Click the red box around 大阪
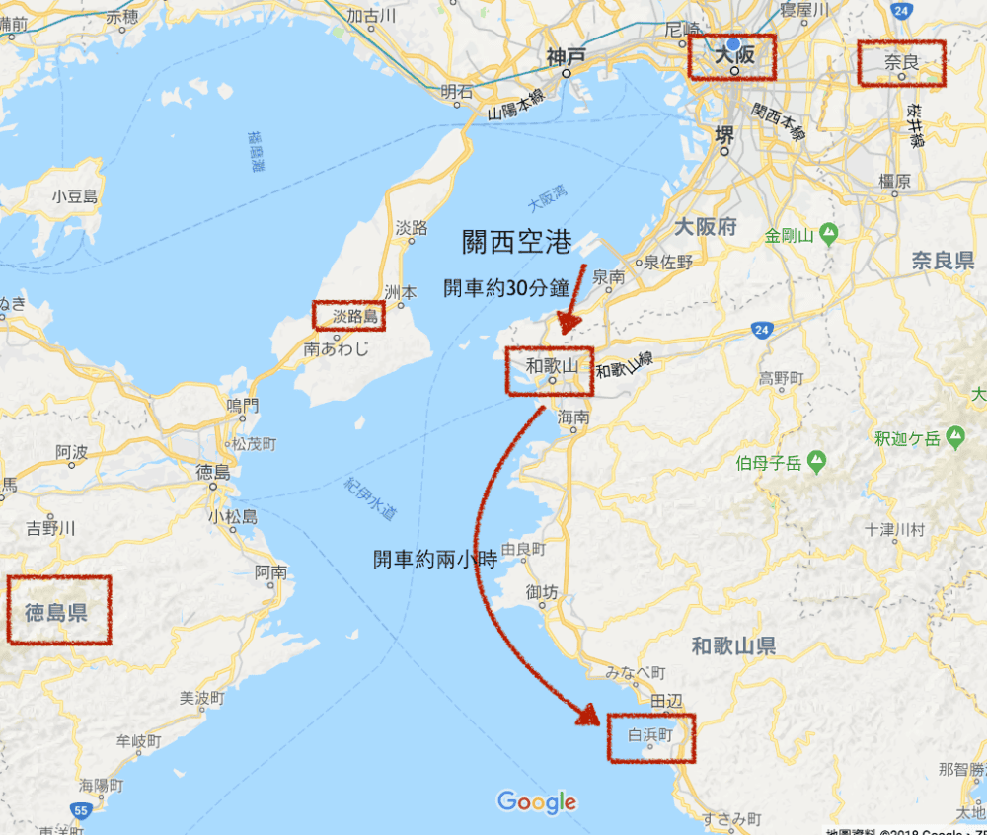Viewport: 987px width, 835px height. click(731, 57)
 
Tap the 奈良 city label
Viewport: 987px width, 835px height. click(901, 62)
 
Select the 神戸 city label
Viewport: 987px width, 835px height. click(567, 58)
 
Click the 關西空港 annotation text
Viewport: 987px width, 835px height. click(517, 242)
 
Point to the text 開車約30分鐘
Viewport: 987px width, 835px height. click(506, 289)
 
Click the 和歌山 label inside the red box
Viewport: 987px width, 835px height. click(550, 366)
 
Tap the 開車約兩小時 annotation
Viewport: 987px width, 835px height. click(433, 559)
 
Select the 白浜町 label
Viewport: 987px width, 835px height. click(649, 735)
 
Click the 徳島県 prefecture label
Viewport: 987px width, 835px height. click(56, 612)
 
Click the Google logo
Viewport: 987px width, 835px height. click(536, 801)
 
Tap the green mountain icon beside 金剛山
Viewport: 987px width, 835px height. click(829, 234)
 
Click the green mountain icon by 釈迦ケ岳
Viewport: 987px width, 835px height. click(955, 436)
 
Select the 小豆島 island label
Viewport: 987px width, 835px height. click(75, 195)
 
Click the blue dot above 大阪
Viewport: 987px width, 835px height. click(733, 44)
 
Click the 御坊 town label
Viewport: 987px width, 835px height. click(541, 592)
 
